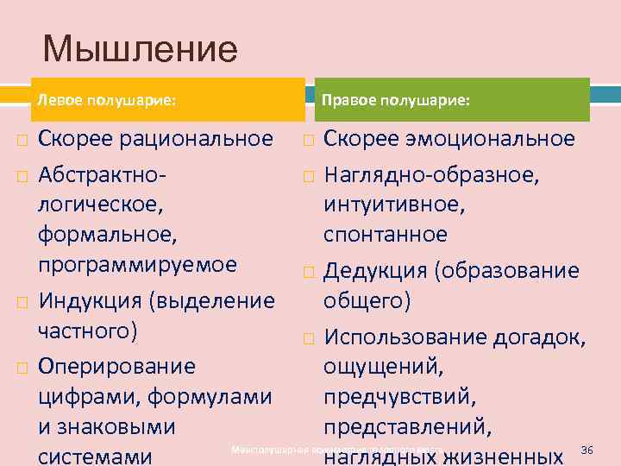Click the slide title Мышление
(139, 48)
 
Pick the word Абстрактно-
(103, 175)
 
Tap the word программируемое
(136, 264)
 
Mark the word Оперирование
(116, 366)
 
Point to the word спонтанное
(386, 235)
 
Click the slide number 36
(588, 450)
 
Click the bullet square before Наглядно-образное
(309, 177)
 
